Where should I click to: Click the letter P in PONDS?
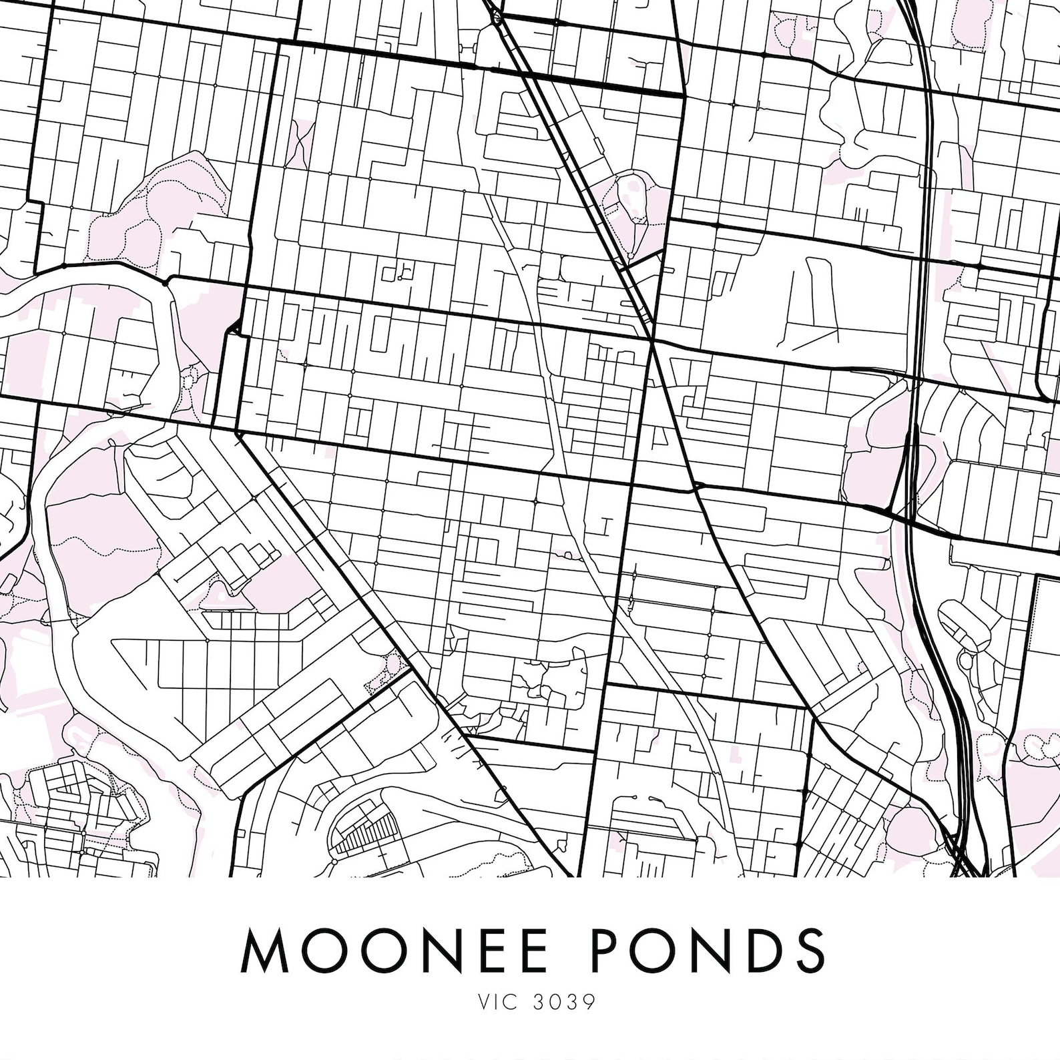click(x=610, y=950)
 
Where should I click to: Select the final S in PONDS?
click(x=808, y=950)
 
